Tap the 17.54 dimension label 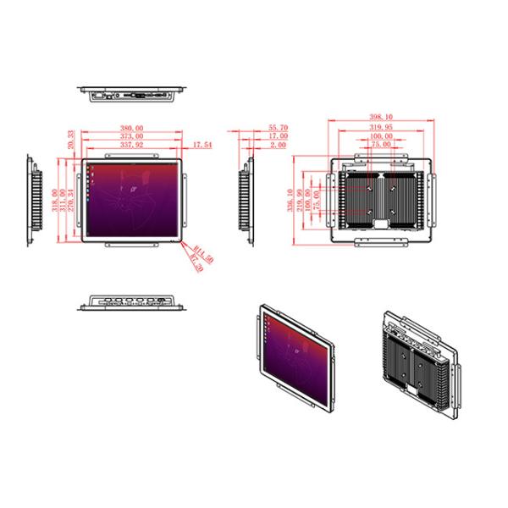coord(202,145)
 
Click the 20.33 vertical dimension coord(70,138)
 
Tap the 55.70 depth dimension coord(278,128)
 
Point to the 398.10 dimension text coord(381,118)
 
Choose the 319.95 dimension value coord(381,127)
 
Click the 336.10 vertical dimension coord(290,202)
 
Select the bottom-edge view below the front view coord(133,302)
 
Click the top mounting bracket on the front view coord(132,157)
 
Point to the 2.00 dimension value coord(278,145)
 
